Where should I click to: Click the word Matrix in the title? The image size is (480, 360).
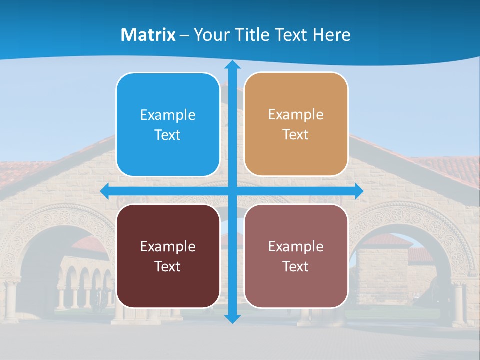pyautogui.click(x=148, y=35)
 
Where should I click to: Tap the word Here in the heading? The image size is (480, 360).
pyautogui.click(x=332, y=35)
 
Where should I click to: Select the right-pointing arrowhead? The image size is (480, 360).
pyautogui.click(x=359, y=191)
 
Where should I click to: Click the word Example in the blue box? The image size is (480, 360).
pyautogui.click(x=168, y=115)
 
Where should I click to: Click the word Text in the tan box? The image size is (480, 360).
pyautogui.click(x=296, y=135)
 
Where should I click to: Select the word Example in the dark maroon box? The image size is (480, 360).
pyautogui.click(x=168, y=247)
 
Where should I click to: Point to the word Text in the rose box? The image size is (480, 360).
pyautogui.click(x=296, y=267)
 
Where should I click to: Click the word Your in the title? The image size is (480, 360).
pyautogui.click(x=210, y=35)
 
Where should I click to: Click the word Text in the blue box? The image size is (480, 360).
pyautogui.click(x=168, y=135)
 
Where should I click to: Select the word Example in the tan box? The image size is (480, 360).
pyautogui.click(x=296, y=115)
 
